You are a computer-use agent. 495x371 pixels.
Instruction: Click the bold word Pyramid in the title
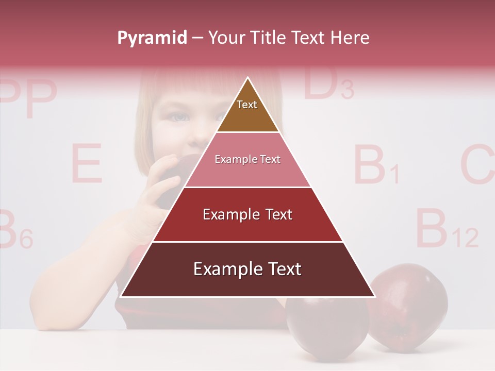pos(152,38)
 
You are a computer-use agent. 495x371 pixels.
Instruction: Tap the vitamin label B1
pos(376,165)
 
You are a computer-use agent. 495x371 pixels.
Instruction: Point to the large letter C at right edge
pos(477,165)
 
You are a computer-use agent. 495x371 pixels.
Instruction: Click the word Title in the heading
pos(269,38)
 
